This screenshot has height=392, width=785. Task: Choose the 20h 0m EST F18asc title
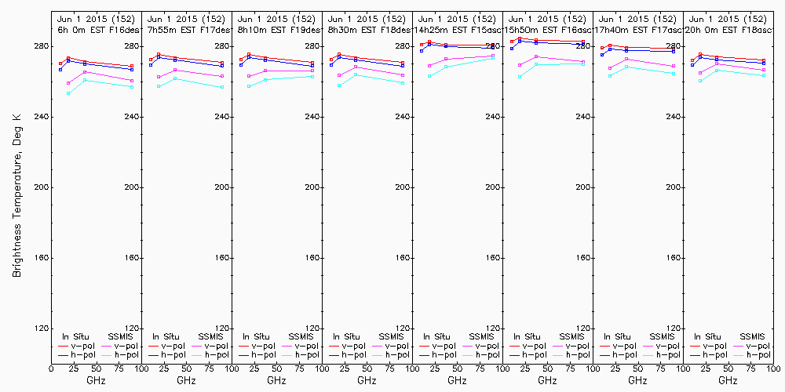click(728, 29)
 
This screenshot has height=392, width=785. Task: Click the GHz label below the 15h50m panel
click(547, 380)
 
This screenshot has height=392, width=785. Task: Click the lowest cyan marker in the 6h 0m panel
click(68, 93)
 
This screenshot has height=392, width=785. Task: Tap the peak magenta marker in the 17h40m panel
click(626, 59)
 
